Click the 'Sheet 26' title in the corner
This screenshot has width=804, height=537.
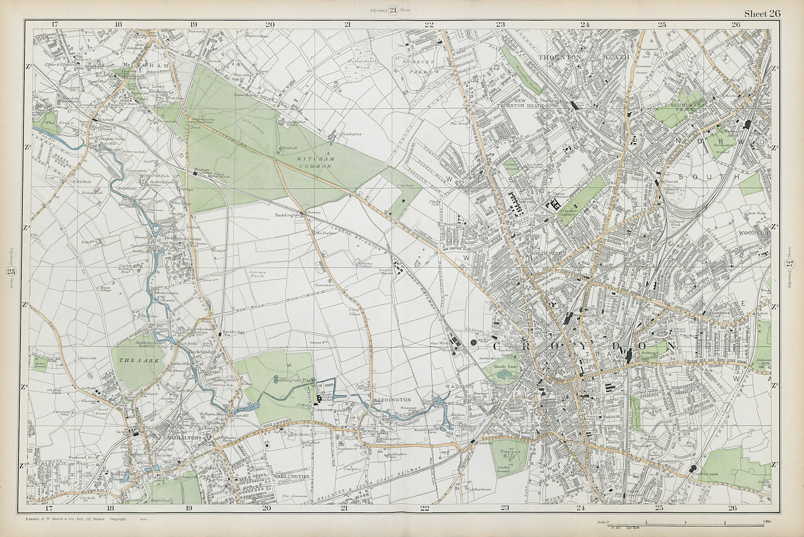(762, 14)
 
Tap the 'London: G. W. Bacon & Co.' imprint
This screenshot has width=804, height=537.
(75, 518)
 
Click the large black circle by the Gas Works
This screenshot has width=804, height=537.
(473, 343)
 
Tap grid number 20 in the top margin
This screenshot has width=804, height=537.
(270, 24)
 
